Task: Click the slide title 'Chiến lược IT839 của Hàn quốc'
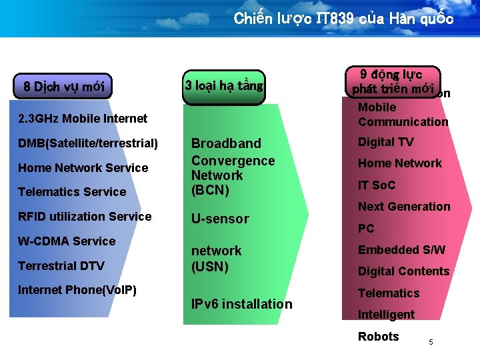pos(343,19)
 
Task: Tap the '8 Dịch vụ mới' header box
pos(63,87)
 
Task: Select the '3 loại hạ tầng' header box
pos(224,85)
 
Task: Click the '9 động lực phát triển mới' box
pos(393,81)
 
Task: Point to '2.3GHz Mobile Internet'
pos(83,119)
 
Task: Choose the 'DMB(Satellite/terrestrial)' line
pos(88,143)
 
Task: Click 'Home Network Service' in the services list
pos(83,168)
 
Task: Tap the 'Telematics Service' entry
pos(72,192)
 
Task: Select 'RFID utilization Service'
pos(85,217)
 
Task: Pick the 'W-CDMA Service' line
pos(67,241)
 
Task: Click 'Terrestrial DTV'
pos(61,266)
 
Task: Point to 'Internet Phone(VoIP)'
pos(77,290)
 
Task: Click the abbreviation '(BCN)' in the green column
pos(210,190)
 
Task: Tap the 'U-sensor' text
pos(220,219)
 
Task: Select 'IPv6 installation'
pos(241,304)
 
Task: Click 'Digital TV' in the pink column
pos(385,141)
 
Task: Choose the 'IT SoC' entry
pos(377,185)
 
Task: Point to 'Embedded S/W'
pos(401,250)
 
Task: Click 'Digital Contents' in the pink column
pos(403,271)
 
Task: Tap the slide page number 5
pos(431,342)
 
